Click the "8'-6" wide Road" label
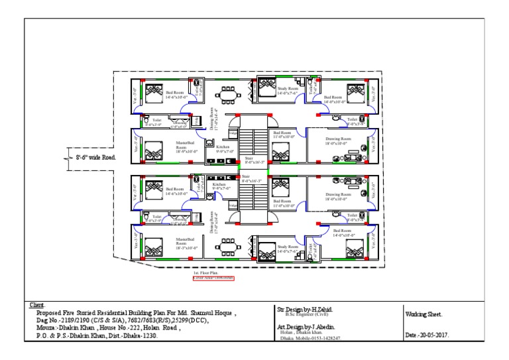pyautogui.click(x=94, y=158)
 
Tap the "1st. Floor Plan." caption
pyautogui.click(x=205, y=272)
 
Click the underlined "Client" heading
pyautogui.click(x=36, y=305)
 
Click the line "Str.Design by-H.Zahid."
pyautogui.click(x=305, y=309)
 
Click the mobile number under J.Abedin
pyautogui.click(x=325, y=338)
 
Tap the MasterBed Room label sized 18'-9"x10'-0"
pyautogui.click(x=185, y=147)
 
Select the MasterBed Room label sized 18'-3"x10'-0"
pyautogui.click(x=185, y=242)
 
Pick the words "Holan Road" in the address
pyautogui.click(x=168, y=328)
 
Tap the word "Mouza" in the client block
pyautogui.click(x=47, y=328)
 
